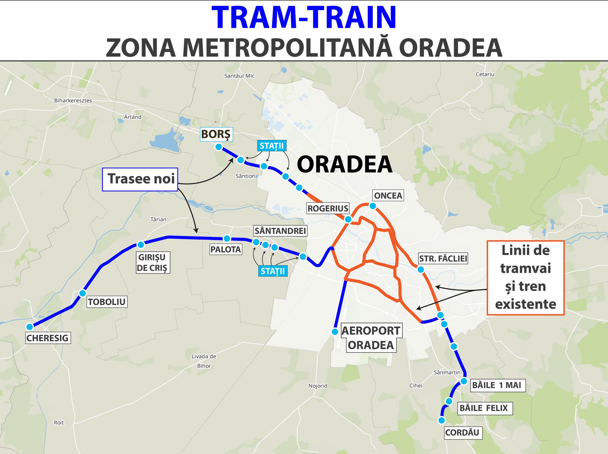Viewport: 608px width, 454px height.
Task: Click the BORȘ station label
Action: [x=216, y=134]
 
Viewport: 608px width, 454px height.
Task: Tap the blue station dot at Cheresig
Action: [x=29, y=327]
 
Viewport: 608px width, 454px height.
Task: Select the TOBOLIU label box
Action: [x=107, y=302]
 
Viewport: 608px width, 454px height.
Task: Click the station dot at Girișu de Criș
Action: [x=141, y=245]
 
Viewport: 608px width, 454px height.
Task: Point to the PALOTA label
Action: [x=226, y=249]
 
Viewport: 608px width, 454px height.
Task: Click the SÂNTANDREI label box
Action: [x=280, y=231]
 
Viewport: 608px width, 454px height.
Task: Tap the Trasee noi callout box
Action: [x=140, y=179]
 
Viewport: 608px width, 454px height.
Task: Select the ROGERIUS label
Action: [x=328, y=208]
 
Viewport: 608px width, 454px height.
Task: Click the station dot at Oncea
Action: [x=373, y=206]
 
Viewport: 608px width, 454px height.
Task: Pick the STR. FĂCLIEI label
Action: [x=443, y=259]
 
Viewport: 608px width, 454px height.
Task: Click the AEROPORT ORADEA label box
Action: [x=371, y=338]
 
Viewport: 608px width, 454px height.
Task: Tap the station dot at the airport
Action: [x=335, y=332]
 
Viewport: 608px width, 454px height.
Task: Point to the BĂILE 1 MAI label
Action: [x=496, y=385]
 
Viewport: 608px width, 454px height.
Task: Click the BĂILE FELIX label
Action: [x=484, y=408]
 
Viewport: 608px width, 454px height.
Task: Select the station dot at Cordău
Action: [x=442, y=420]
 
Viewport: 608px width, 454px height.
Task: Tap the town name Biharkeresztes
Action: [x=73, y=101]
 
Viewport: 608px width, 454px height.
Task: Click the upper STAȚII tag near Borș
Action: [x=271, y=146]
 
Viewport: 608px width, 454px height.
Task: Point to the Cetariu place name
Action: [x=485, y=74]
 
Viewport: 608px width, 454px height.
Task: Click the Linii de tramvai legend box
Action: [x=525, y=278]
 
